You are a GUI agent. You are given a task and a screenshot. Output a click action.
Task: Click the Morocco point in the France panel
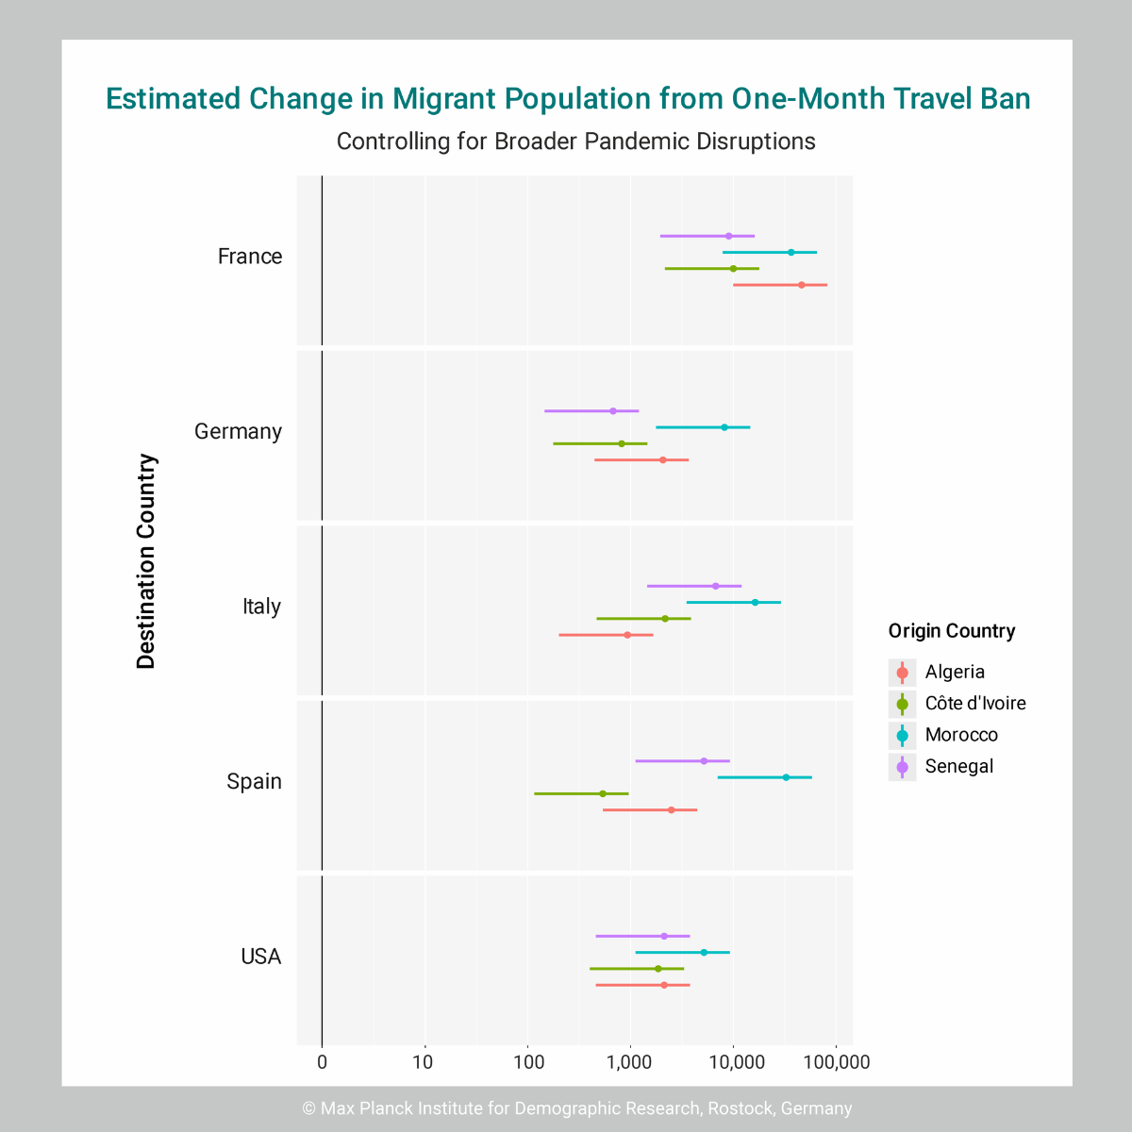(x=791, y=252)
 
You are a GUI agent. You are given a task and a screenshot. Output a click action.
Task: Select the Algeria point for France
(x=802, y=285)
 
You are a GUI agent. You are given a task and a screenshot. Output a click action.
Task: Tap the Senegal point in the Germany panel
(x=612, y=411)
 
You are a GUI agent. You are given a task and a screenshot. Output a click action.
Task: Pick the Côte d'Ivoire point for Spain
(x=603, y=793)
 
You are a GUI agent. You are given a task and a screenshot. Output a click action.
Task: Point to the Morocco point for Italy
(x=755, y=602)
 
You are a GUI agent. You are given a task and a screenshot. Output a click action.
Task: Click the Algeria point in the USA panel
(x=664, y=985)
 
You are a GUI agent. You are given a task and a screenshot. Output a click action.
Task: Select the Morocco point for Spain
(x=786, y=777)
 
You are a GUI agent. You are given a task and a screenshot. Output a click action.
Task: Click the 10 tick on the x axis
(x=424, y=1063)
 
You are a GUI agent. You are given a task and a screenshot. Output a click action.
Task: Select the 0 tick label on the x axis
(x=323, y=1063)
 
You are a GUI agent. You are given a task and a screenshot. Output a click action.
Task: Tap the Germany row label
(x=238, y=432)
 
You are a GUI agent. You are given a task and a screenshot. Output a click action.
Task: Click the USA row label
(x=260, y=957)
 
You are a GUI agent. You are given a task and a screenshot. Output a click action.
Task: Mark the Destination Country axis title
(x=146, y=561)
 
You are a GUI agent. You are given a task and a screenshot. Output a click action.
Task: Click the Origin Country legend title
(x=951, y=631)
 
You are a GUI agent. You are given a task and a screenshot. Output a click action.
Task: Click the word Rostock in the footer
(x=741, y=1108)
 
